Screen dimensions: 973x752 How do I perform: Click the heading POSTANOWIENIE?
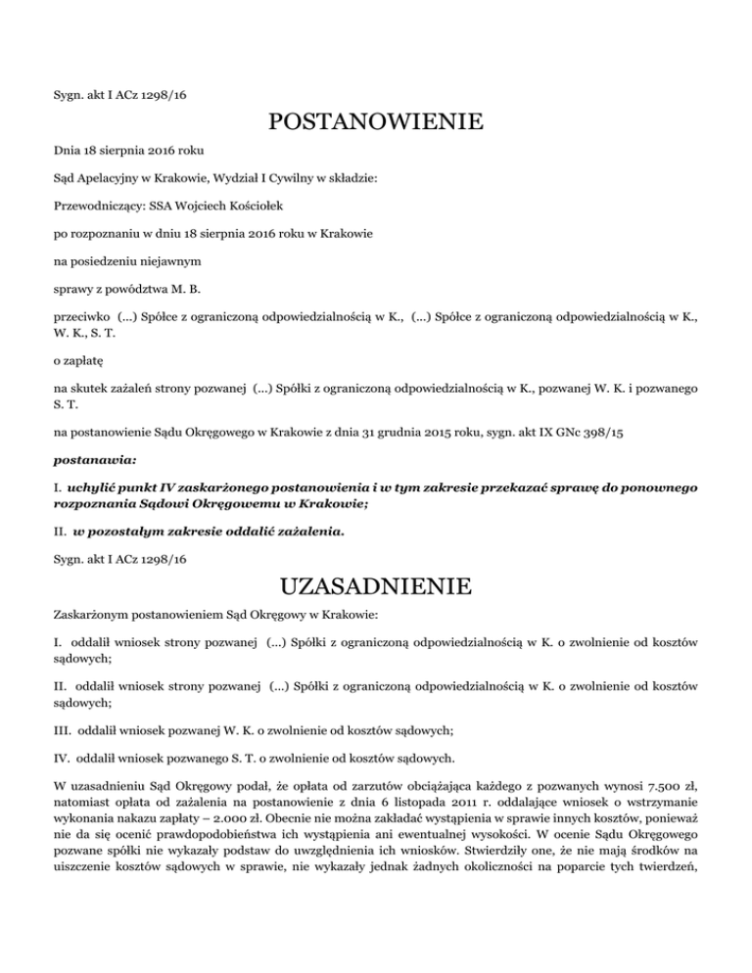coord(375,123)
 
